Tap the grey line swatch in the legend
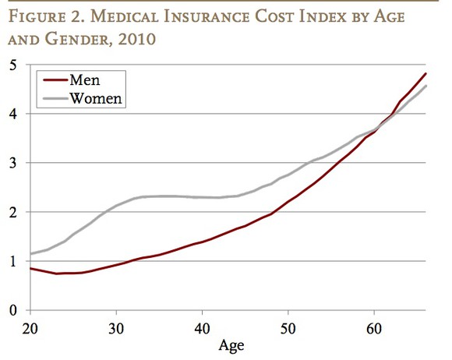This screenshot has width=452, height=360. point(52,98)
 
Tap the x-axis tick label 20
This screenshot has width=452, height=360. point(30,326)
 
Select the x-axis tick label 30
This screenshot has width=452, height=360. point(116,326)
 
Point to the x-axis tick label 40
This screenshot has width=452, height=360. point(203,326)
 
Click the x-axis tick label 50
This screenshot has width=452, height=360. point(288,326)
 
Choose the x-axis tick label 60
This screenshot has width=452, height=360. point(375,326)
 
